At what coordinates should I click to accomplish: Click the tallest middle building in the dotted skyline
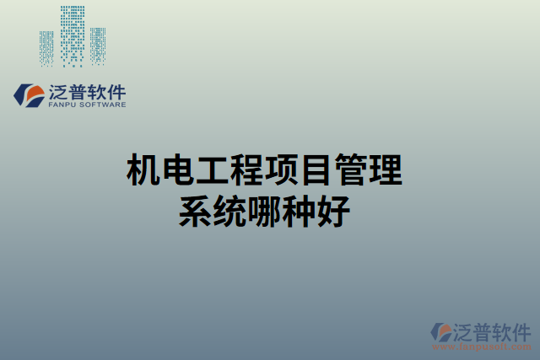tap(73, 35)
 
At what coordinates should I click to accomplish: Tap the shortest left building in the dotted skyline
tap(46, 49)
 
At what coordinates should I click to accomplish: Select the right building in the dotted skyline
tap(99, 46)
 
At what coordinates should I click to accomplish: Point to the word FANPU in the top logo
tap(64, 105)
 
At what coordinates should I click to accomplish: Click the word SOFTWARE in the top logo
tap(103, 105)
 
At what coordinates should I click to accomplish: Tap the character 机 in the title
tap(143, 171)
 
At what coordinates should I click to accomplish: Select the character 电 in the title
tap(177, 171)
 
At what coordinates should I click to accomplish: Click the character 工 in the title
tap(212, 171)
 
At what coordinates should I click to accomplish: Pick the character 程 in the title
tap(246, 171)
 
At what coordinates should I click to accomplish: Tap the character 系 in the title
tap(195, 211)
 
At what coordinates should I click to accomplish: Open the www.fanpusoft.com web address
tap(483, 346)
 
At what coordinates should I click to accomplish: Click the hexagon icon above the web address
tap(440, 331)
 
